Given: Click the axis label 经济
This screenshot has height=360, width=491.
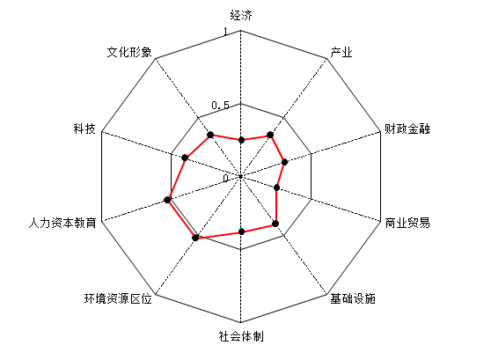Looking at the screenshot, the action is (x=241, y=15).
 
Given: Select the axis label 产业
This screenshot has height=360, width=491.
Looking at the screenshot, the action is (x=341, y=52).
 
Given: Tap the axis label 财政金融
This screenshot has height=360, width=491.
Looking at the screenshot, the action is (x=407, y=129).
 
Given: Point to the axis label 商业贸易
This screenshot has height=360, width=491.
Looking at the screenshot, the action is (x=407, y=223).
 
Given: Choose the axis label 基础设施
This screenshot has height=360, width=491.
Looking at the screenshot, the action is (x=353, y=298).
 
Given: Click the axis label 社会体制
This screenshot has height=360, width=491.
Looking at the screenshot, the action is (x=241, y=336).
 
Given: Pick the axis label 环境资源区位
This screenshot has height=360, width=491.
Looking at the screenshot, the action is (x=118, y=298).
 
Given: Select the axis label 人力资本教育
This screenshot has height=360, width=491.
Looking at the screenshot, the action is (x=62, y=223).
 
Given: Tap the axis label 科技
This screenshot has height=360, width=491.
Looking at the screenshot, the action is (x=84, y=129).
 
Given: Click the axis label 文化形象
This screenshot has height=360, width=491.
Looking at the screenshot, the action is (x=129, y=52).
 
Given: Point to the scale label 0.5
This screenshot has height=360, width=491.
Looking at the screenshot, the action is (x=221, y=106).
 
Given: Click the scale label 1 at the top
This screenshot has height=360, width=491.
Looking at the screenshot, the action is (x=225, y=32).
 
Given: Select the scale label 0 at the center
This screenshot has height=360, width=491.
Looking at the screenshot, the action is (x=225, y=179).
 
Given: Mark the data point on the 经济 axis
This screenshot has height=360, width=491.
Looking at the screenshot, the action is (x=241, y=140).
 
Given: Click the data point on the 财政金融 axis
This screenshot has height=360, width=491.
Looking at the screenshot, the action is (x=284, y=162).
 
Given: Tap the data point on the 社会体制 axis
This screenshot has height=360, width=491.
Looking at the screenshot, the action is (x=241, y=231).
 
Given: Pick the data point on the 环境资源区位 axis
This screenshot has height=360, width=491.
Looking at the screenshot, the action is (x=195, y=238).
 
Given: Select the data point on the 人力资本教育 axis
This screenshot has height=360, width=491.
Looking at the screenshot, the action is (x=167, y=200).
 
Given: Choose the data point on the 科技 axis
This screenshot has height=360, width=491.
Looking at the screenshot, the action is (x=185, y=158).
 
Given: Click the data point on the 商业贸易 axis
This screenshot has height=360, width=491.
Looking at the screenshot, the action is (x=277, y=187).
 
